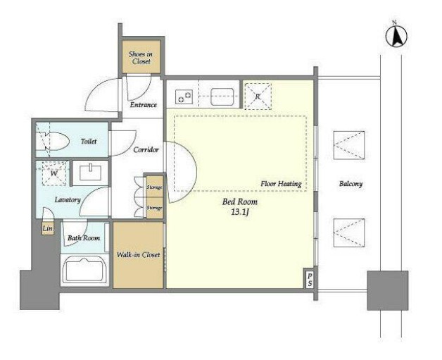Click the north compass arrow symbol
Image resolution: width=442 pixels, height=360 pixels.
[397, 36]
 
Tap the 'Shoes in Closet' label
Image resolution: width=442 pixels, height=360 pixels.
[141, 58]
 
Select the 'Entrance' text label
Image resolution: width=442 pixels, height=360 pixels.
[143, 105]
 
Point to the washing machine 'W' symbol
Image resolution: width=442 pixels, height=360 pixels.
[53, 173]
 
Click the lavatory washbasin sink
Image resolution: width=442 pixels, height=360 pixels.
[90, 173]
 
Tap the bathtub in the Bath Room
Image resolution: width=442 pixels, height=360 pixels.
[84, 270]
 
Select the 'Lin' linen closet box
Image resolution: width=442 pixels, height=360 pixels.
[48, 228]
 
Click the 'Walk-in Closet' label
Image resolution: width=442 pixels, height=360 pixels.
[138, 255]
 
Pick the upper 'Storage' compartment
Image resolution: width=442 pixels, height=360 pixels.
[155, 187]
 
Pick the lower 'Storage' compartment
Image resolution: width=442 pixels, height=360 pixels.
[155, 208]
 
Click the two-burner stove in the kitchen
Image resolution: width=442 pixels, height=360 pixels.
[184, 97]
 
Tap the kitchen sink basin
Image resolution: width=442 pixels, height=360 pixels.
[222, 97]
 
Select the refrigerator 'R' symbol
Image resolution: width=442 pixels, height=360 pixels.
[258, 97]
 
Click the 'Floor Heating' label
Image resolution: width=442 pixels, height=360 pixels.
[281, 184]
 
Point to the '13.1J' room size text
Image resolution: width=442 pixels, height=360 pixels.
[240, 213]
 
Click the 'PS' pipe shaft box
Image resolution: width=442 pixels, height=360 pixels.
[310, 279]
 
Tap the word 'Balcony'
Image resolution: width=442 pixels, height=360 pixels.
[351, 184]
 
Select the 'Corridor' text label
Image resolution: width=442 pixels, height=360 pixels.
[146, 149]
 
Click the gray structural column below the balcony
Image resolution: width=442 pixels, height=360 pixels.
[388, 290]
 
